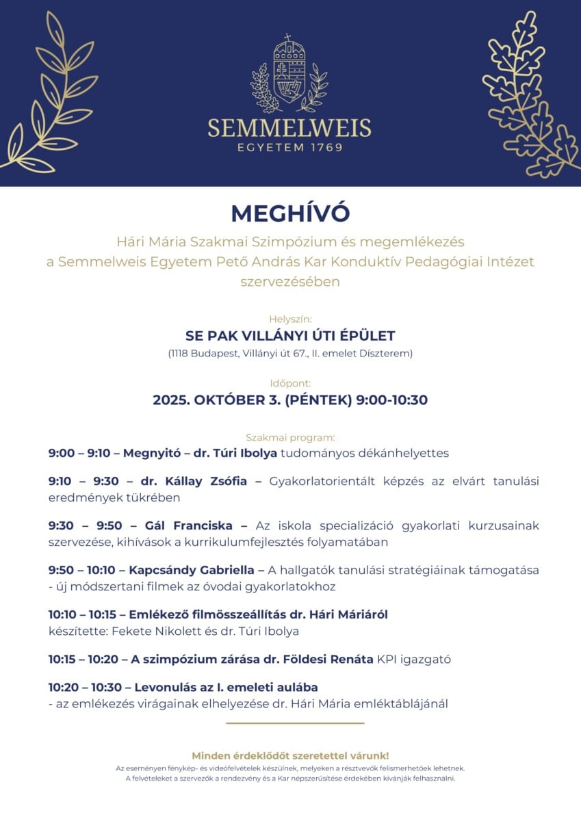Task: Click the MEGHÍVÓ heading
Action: click(290, 213)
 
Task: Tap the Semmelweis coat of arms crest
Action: click(289, 74)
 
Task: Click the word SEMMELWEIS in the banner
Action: click(289, 128)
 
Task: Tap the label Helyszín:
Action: click(290, 319)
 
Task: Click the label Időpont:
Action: click(290, 383)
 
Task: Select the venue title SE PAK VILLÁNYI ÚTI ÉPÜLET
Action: click(290, 336)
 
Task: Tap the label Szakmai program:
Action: click(290, 437)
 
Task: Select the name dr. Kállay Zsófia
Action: click(194, 481)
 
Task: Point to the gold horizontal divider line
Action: click(295, 722)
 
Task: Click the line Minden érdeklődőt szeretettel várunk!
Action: click(290, 755)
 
